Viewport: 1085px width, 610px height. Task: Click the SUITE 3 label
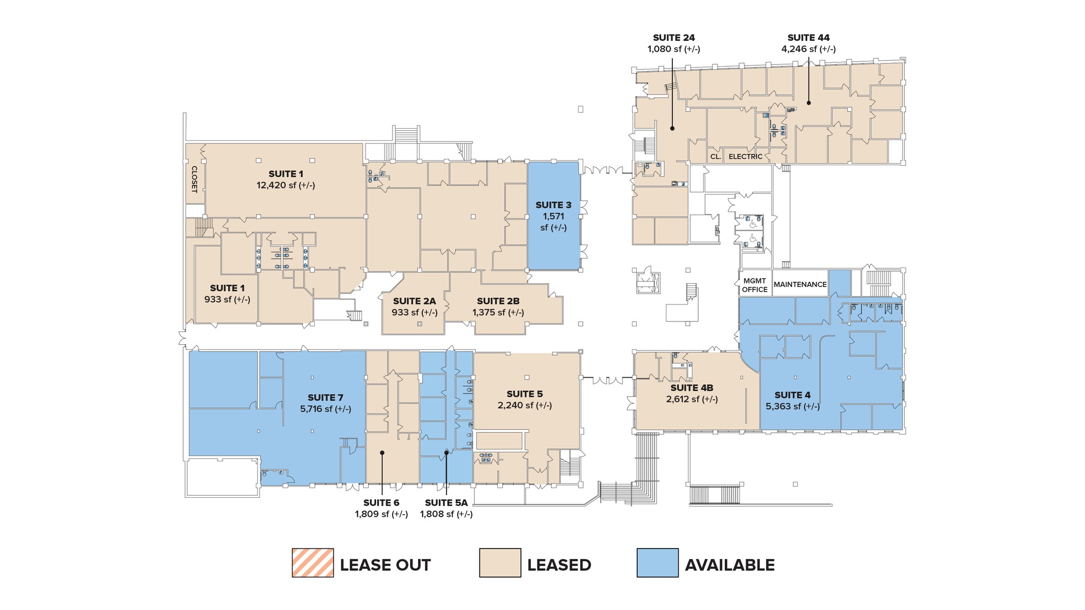click(x=553, y=205)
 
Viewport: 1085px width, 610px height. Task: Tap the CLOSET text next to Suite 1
click(x=194, y=179)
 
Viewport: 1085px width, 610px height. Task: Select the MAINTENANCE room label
click(x=800, y=284)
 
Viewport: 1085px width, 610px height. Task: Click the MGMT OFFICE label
click(x=754, y=285)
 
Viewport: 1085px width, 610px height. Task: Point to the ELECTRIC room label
click(x=745, y=157)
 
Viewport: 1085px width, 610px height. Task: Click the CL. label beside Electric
click(x=715, y=157)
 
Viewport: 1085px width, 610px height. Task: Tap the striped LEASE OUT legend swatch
click(x=313, y=562)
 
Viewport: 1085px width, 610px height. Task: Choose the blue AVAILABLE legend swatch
click(x=657, y=562)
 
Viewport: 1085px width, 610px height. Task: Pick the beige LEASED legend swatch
click(x=500, y=562)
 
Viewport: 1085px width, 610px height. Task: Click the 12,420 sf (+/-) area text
click(x=286, y=185)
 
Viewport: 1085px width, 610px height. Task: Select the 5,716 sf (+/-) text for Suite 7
click(x=325, y=409)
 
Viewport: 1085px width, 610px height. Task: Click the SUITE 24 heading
click(x=673, y=38)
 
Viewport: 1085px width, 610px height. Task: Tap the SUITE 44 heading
click(x=808, y=38)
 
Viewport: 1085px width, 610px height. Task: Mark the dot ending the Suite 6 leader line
click(x=382, y=452)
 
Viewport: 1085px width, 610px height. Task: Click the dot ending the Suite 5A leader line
click(x=447, y=452)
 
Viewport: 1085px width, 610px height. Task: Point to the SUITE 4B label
click(x=692, y=388)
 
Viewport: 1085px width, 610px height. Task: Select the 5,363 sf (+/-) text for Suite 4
click(x=792, y=406)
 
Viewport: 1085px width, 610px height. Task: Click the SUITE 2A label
click(x=414, y=301)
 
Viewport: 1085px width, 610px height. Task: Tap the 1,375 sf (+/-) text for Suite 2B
click(x=498, y=312)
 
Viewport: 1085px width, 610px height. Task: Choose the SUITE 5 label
click(x=524, y=394)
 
